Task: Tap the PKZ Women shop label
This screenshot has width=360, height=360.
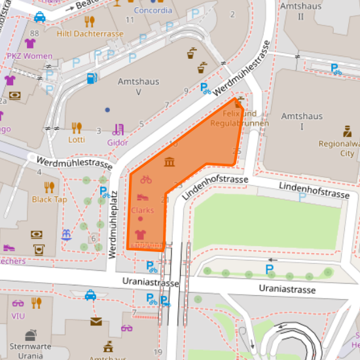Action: coord(29,56)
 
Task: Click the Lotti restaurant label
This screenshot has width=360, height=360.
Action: coord(77,139)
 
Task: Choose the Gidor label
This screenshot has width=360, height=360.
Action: coord(117,142)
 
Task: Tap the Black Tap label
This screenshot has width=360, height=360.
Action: coord(49,200)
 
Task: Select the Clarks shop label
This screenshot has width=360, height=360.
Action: coord(142,210)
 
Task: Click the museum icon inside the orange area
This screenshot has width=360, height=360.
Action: coord(170,162)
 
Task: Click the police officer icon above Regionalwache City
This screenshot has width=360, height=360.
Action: coord(347,130)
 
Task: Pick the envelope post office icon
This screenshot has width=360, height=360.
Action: coord(96,321)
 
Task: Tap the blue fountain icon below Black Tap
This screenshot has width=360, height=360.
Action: coord(65,234)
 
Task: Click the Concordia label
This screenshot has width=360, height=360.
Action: coord(153,10)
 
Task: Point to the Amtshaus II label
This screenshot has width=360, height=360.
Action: coord(301,10)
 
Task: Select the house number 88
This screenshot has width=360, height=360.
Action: coord(34,33)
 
